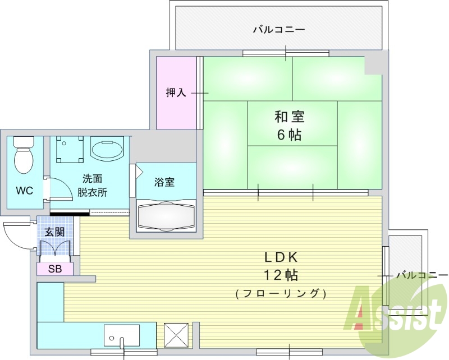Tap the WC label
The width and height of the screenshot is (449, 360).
[24, 191]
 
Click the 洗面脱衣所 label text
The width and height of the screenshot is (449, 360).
[93, 186]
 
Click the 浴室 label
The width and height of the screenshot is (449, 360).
[164, 182]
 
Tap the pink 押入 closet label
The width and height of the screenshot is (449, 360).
[176, 93]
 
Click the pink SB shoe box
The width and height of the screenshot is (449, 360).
[55, 269]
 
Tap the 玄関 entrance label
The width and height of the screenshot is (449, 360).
[55, 232]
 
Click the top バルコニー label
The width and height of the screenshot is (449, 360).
[279, 29]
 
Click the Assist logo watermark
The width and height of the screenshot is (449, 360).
[396, 308]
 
